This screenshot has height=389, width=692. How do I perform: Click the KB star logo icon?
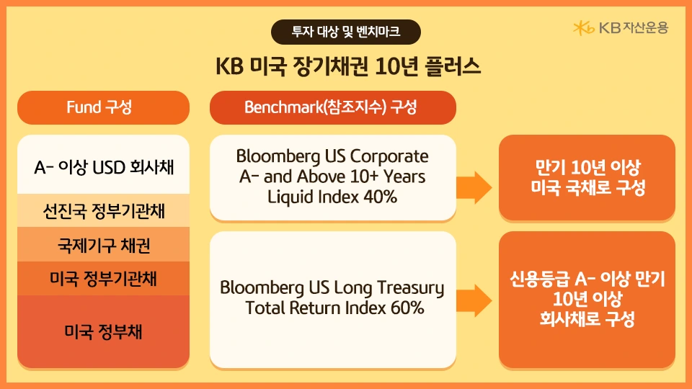pos(583,28)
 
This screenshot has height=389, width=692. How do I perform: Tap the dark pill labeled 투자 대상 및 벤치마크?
pos(345,32)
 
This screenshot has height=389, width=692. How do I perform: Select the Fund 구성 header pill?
pos(103,107)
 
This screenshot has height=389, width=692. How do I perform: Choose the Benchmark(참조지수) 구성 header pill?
pos(332,107)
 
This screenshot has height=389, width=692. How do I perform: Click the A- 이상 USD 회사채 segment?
pos(103,168)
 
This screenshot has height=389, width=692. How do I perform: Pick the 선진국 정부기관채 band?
pos(103,211)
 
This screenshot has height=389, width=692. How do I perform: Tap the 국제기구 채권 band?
pos(103,245)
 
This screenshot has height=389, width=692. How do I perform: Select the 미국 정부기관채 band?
pos(103,278)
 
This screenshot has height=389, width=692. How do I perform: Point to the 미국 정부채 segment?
pos(103,331)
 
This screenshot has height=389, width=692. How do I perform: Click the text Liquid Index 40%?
pos(332,195)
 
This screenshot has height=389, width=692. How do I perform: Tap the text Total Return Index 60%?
pos(332,308)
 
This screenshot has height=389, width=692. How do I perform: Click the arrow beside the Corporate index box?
pos(476,188)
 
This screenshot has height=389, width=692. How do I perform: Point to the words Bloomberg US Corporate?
pos(332,156)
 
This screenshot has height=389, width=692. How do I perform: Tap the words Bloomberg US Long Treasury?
pos(332,288)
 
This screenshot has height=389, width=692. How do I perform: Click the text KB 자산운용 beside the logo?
pos(634,28)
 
